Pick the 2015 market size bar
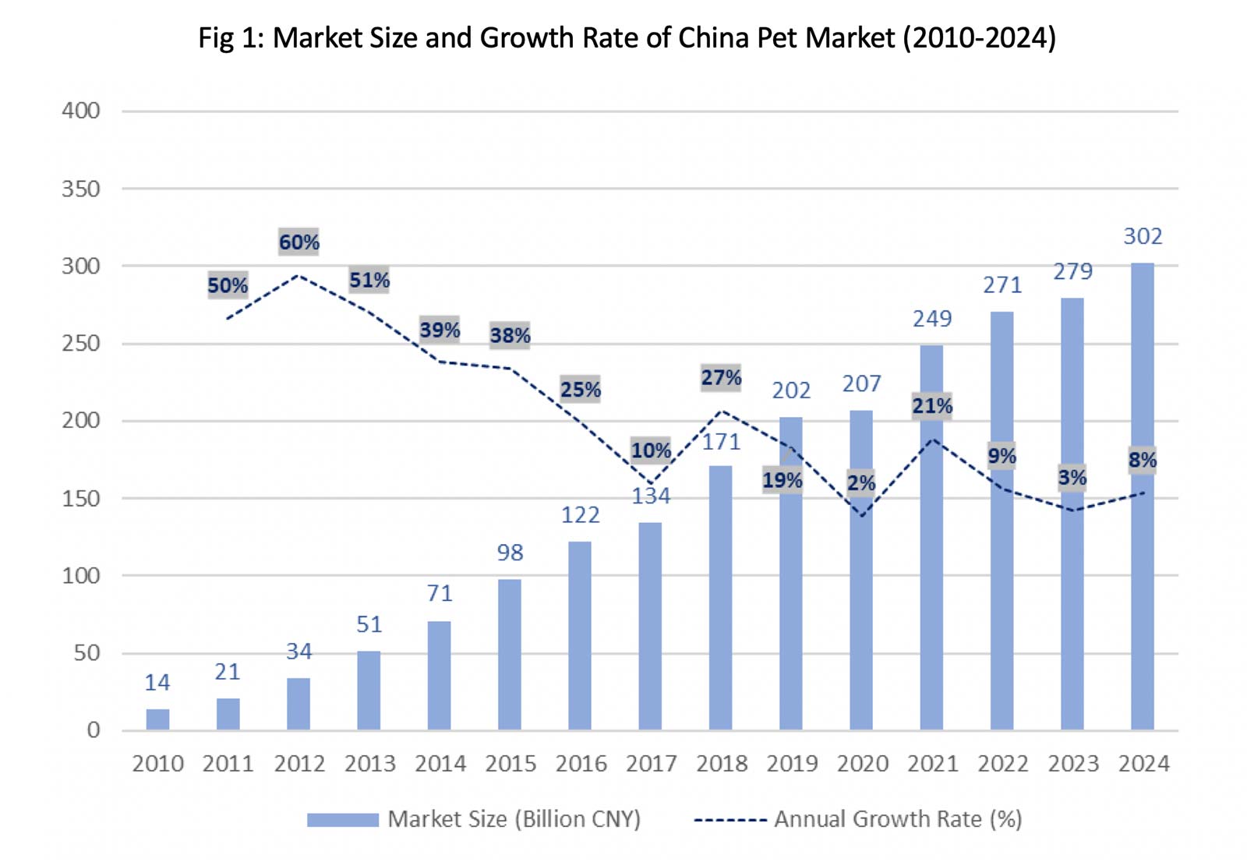tap(510, 655)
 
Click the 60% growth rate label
tap(299, 242)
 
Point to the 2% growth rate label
tap(861, 483)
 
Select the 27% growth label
tap(721, 378)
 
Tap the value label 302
tap(1143, 236)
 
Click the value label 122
tap(581, 515)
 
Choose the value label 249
tap(932, 319)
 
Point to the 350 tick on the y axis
tap(81, 189)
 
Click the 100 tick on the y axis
tap(81, 576)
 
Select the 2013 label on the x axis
tap(370, 764)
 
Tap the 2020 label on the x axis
tap(862, 764)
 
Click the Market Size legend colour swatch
tap(342, 820)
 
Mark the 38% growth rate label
tap(510, 336)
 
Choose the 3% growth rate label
tap(1072, 478)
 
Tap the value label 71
tap(440, 594)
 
